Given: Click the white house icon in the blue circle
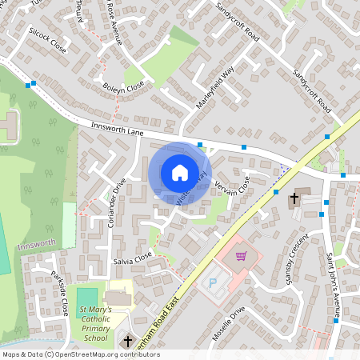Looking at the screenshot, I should click(x=179, y=172).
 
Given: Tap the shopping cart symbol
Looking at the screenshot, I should click(x=241, y=256).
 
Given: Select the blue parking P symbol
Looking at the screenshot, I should click(x=213, y=282).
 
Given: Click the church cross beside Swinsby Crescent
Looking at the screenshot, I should click(x=294, y=198).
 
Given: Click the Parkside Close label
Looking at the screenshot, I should click(x=60, y=293).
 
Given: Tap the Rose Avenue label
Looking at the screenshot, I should click(x=114, y=22).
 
